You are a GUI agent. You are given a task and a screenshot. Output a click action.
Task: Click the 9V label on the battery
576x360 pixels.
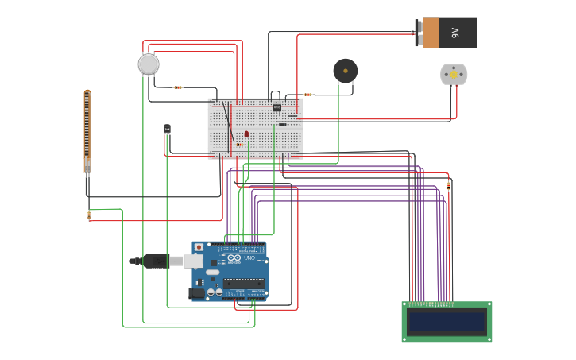pyautogui.click(x=455, y=33)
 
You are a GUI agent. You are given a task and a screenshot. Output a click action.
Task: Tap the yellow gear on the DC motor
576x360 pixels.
pyautogui.click(x=454, y=74)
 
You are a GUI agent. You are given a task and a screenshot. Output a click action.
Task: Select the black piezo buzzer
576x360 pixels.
pyautogui.click(x=345, y=71)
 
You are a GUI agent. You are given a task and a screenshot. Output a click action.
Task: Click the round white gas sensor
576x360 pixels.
pyautogui.click(x=149, y=64)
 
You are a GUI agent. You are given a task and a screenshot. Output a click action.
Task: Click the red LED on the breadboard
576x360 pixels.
pyautogui.click(x=246, y=134)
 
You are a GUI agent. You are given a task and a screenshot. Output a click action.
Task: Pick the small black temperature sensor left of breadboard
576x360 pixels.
pyautogui.click(x=167, y=128)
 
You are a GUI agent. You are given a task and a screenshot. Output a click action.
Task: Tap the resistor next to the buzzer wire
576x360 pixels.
pyautogui.click(x=307, y=95)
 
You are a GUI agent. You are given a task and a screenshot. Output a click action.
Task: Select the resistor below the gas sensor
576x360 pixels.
pyautogui.click(x=178, y=87)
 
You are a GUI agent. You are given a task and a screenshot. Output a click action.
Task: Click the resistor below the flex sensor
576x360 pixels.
pyautogui.click(x=89, y=215)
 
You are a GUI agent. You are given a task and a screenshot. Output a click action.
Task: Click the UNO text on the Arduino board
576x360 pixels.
pyautogui.click(x=249, y=258)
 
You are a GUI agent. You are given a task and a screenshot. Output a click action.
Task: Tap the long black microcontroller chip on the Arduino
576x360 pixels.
pyautogui.click(x=243, y=283)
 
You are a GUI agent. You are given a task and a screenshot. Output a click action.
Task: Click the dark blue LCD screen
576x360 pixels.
pyautogui.click(x=446, y=321)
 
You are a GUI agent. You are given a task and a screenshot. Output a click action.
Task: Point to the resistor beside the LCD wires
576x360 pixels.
pyautogui.click(x=448, y=186)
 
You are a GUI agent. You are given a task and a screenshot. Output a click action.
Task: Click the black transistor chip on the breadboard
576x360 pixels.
pyautogui.click(x=276, y=107)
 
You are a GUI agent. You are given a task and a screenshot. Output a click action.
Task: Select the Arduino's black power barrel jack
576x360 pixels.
pyautogui.click(x=195, y=293)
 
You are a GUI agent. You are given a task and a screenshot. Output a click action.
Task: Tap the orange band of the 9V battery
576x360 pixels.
pyautogui.click(x=431, y=33)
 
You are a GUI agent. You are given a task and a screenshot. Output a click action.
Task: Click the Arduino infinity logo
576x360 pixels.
pyautogui.click(x=234, y=258)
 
